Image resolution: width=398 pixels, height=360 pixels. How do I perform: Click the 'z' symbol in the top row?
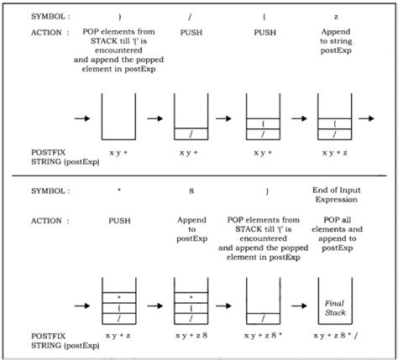tap(335, 16)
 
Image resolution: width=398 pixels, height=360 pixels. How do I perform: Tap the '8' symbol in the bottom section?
tap(190, 191)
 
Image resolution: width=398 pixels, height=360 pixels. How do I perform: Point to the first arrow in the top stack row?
tap(82, 117)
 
